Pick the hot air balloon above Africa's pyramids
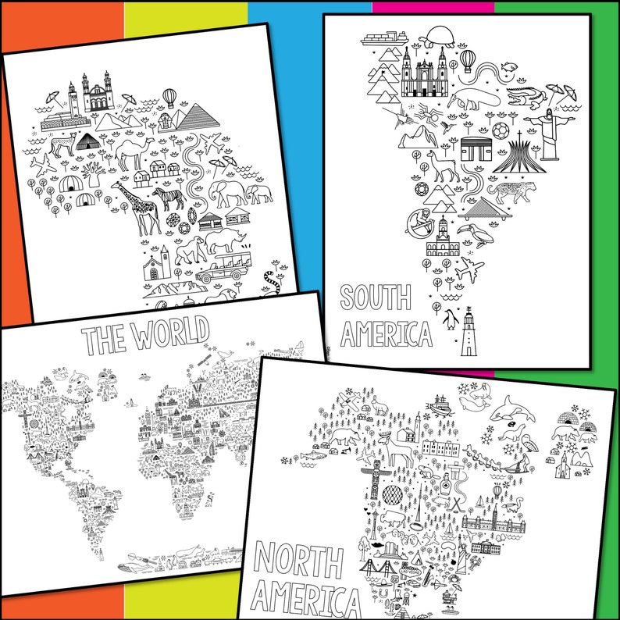pyautogui.click(x=170, y=98)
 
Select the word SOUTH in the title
pyautogui.click(x=375, y=300)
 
